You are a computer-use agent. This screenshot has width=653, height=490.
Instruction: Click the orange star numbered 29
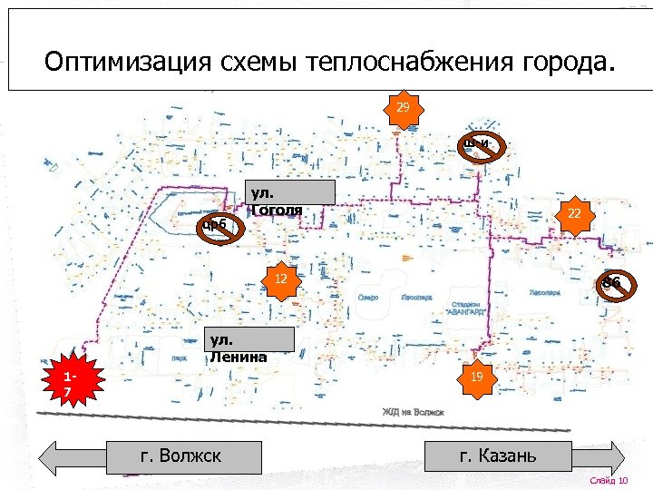tap(403, 108)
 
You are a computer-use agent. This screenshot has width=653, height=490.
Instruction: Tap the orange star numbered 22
tap(573, 213)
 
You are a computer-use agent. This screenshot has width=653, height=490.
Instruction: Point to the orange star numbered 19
tap(476, 375)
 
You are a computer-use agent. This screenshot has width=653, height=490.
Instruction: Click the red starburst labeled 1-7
tap(71, 383)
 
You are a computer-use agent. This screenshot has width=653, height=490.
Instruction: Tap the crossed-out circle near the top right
tap(480, 143)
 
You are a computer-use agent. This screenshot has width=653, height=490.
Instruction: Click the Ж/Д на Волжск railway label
tap(414, 412)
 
